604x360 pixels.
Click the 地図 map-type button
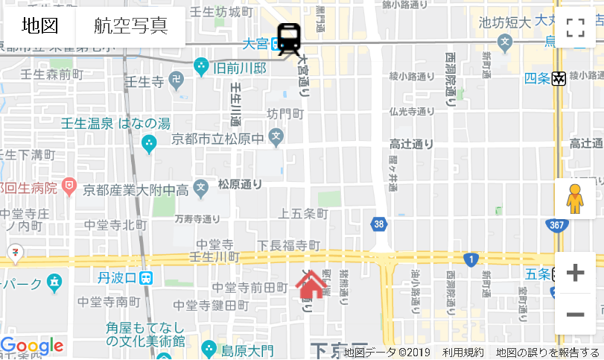click(40, 26)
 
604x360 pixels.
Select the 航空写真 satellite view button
click(130, 26)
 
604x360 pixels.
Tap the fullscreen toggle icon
click(575, 28)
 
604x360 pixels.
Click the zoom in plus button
click(575, 273)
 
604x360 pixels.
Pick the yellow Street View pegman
click(574, 199)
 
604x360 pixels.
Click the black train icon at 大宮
click(289, 39)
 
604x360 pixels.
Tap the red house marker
click(311, 284)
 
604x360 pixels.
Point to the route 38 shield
click(380, 224)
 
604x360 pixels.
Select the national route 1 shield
click(470, 259)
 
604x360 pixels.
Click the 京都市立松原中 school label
click(217, 139)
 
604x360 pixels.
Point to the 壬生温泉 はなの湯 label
click(115, 124)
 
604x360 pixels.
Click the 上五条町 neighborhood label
click(303, 214)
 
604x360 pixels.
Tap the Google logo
click(32, 346)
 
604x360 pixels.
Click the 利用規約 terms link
click(462, 353)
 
